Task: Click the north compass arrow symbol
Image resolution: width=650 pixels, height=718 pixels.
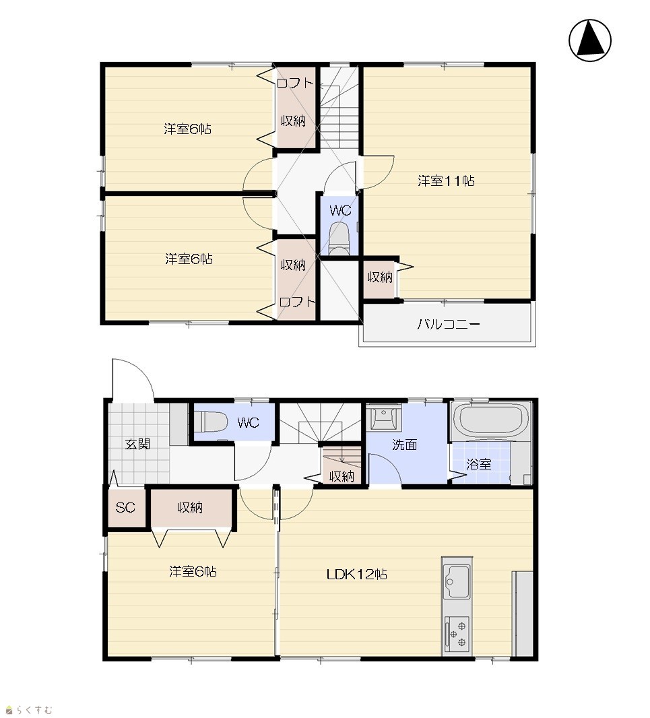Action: coord(590,40)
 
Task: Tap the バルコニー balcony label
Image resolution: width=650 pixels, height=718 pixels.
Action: coord(449,325)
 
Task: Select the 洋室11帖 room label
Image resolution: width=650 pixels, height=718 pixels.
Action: coord(446,181)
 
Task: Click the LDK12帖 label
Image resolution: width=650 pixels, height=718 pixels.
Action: coord(356,575)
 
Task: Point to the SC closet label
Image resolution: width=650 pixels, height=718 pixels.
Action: coord(125,507)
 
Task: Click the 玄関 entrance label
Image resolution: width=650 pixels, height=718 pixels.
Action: coord(137,444)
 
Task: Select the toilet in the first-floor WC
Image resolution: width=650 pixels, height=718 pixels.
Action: coord(211,421)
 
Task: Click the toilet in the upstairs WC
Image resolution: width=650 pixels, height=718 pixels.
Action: coord(339,238)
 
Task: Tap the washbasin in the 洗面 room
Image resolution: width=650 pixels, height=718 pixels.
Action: coord(384,417)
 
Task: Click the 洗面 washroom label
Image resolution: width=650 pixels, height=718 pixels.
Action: coord(404,444)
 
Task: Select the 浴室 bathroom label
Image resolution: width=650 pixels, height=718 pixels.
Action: coord(479,464)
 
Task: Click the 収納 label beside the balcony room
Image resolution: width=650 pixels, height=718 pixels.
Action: coord(380,277)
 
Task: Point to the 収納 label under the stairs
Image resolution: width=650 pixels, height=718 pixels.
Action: coord(342,476)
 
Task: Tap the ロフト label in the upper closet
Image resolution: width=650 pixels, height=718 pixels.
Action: coord(295,83)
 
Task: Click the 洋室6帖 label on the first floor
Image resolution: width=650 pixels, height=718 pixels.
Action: coord(193,571)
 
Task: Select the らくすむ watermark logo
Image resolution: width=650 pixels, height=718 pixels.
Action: coord(28,710)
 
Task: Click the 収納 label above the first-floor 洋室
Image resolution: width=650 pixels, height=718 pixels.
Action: coord(190,507)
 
